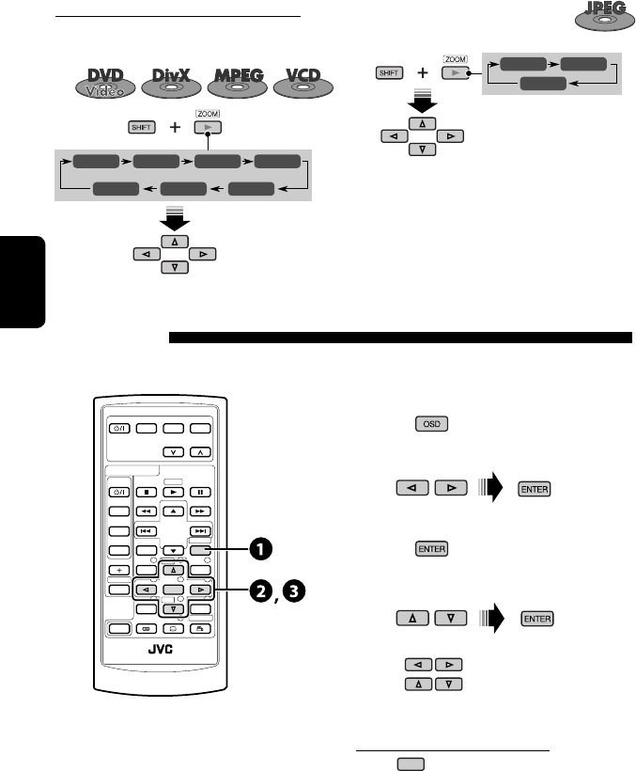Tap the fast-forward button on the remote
200,510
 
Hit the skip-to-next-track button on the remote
200,530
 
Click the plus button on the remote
120,570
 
